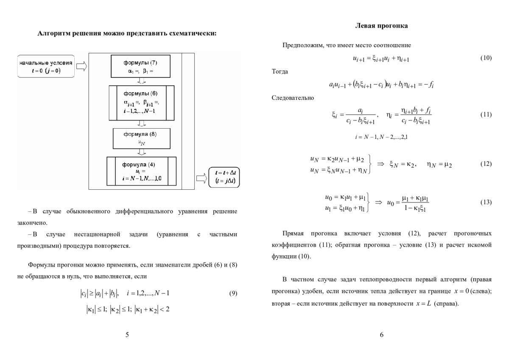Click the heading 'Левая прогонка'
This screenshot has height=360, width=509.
click(381, 26)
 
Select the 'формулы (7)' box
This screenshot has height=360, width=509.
click(140, 66)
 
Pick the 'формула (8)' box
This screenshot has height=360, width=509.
click(141, 138)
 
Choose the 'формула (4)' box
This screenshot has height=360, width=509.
click(141, 171)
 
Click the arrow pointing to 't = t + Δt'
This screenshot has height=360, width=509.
click(201, 177)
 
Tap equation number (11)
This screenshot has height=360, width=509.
click(486, 115)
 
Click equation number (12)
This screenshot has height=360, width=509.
click(486, 164)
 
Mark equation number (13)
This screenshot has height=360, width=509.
click(486, 202)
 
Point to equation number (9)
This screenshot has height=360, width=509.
click(233, 293)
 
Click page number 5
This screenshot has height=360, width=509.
click(127, 335)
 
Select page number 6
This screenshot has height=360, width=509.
click(381, 335)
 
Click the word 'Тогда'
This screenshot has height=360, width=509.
click(280, 71)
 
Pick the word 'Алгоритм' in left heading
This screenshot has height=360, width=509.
click(53, 33)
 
